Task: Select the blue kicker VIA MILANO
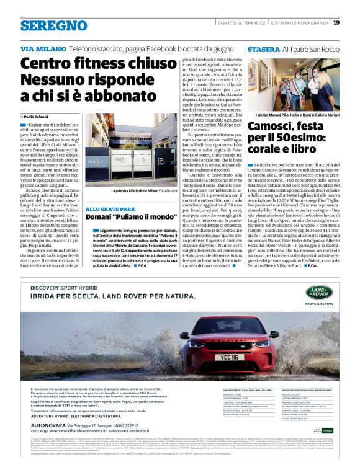(43, 48)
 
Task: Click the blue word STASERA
(263, 48)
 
